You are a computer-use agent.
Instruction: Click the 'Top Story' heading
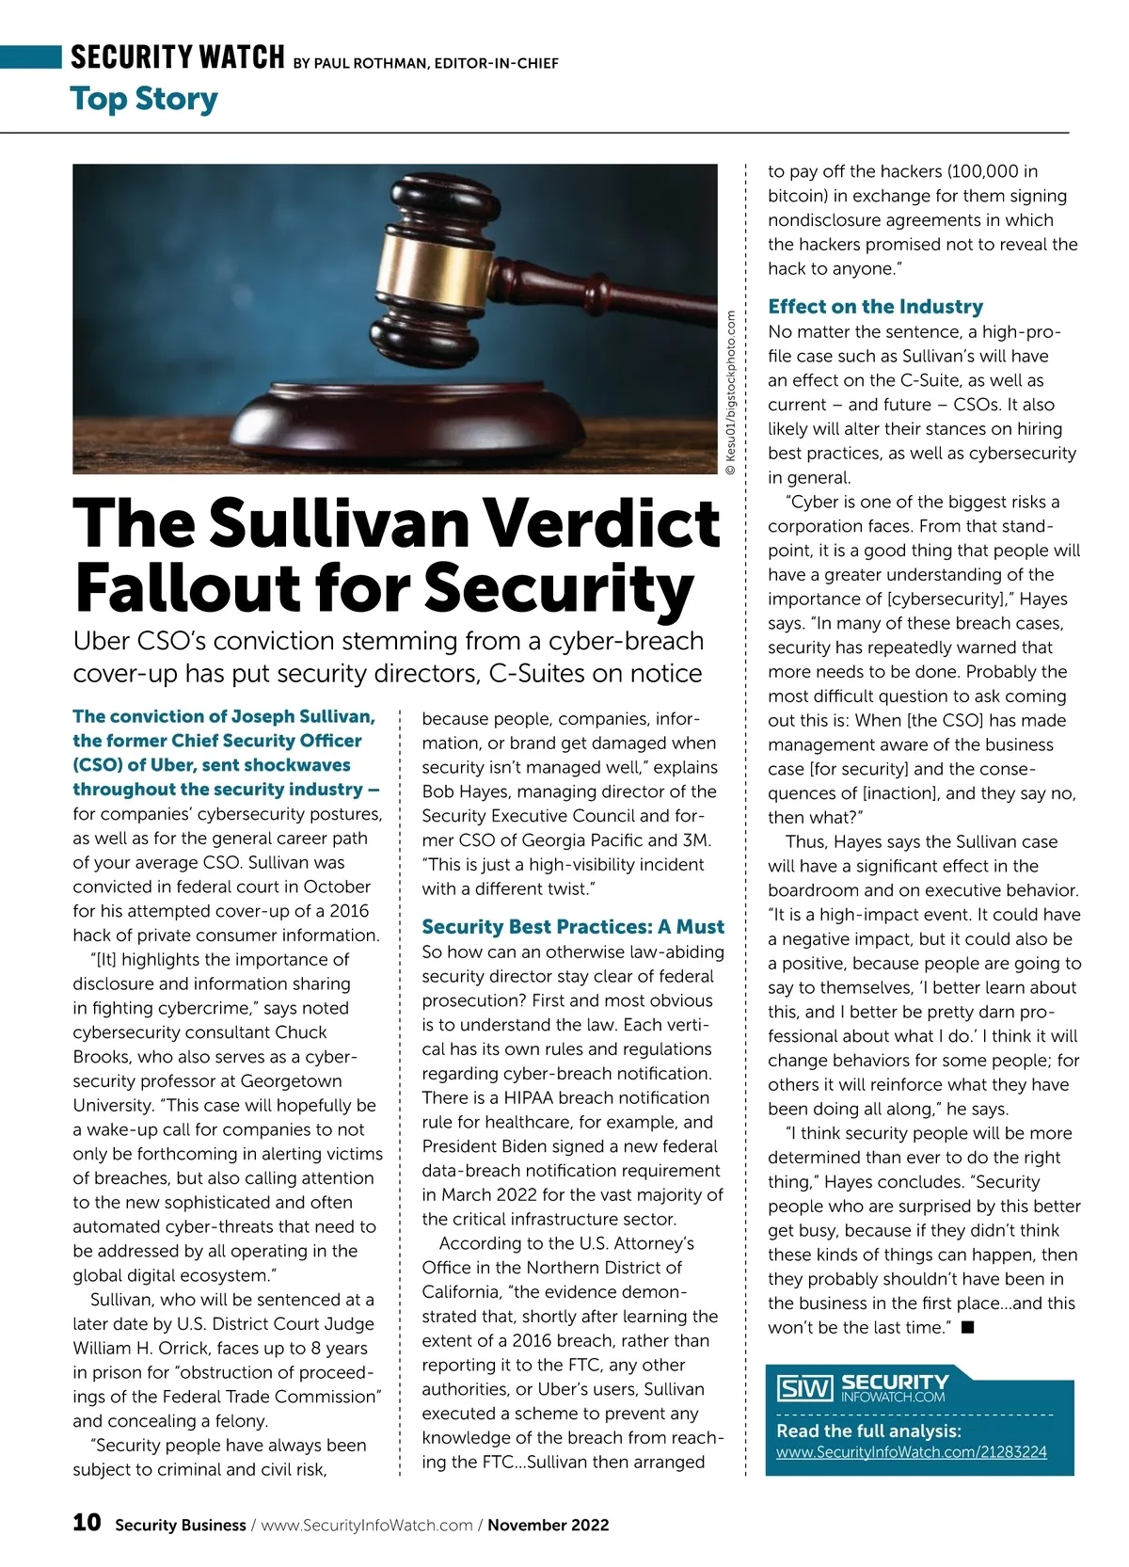pos(144,99)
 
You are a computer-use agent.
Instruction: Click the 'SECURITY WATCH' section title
pos(177,57)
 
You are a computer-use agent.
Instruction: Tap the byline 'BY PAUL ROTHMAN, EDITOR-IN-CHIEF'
pos(425,63)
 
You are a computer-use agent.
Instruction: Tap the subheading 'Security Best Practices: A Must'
pos(573,926)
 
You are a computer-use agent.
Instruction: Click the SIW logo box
pos(805,1388)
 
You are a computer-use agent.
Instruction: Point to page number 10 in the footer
pos(87,1523)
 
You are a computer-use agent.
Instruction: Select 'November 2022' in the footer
pos(548,1525)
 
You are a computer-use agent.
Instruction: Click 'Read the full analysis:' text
pos(868,1431)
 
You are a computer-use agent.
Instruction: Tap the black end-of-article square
pos(967,1327)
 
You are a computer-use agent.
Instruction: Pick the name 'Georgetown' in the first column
pos(291,1080)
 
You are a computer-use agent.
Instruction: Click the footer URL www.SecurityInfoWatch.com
pos(367,1525)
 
